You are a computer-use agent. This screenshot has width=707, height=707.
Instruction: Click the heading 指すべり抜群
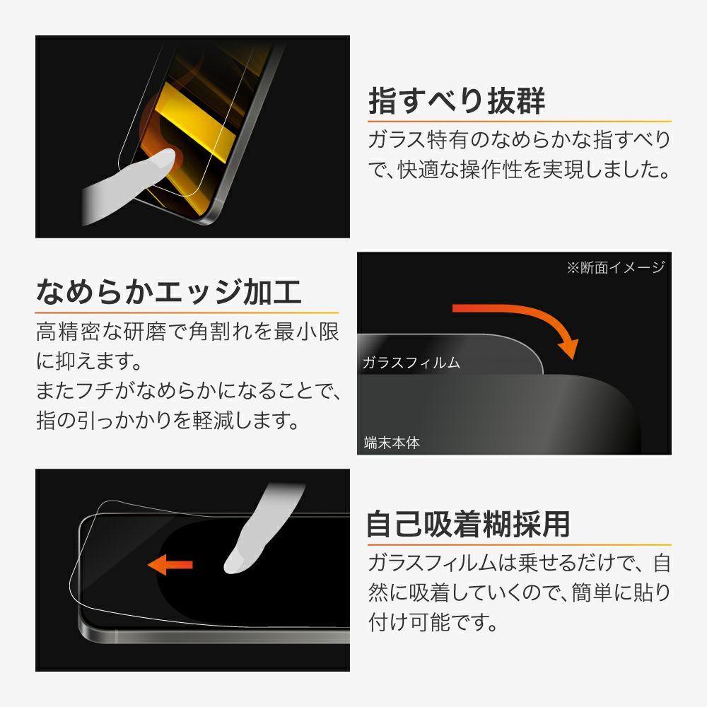pos(457,100)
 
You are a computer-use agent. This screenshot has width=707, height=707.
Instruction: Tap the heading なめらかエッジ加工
pos(169,292)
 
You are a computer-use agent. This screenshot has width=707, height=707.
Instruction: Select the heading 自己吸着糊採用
pos(469,524)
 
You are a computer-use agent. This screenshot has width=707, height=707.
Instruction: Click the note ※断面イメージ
pos(616,267)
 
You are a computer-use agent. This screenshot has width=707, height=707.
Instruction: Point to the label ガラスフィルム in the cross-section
pos(411,363)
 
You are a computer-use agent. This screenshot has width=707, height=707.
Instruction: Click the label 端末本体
pos(392,443)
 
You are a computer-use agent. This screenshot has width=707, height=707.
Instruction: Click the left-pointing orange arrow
pos(170,564)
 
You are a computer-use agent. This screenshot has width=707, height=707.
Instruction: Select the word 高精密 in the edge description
pos(69,332)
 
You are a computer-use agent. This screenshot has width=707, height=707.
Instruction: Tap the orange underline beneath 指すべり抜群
pos(520,122)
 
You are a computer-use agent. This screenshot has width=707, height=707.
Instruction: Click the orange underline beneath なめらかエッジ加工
pos(187,312)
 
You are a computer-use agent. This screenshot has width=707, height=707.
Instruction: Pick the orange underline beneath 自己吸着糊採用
pos(520,545)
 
